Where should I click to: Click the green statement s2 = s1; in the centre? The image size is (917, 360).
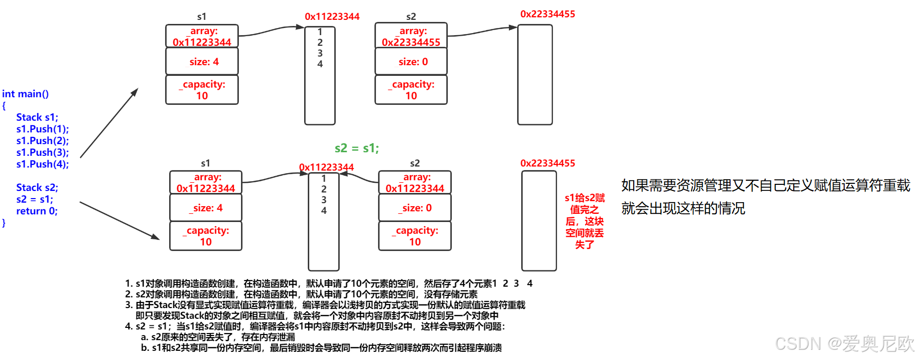click(357, 148)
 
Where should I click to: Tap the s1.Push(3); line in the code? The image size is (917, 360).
click(42, 152)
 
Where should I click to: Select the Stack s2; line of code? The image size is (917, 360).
click(37, 187)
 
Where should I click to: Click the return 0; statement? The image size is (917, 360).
click(37, 211)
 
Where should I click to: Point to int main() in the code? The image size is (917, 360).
click(25, 94)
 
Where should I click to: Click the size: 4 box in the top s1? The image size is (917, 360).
click(202, 62)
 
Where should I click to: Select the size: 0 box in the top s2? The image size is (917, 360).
click(411, 62)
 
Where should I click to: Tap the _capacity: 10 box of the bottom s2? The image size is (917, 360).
click(415, 236)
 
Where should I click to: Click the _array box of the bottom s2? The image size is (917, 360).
click(415, 182)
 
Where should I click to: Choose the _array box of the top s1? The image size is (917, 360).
click(202, 36)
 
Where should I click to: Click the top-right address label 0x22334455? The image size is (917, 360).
click(548, 14)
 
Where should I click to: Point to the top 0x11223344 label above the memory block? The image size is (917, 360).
click(332, 17)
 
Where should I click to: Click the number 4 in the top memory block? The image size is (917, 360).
click(320, 64)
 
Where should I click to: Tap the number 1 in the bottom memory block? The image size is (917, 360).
click(323, 179)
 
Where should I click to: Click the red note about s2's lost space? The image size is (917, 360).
click(584, 221)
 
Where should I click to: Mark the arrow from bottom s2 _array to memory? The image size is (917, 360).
click(359, 177)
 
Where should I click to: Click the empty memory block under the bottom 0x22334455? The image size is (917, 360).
click(539, 221)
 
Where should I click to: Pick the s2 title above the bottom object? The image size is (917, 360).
click(415, 163)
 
